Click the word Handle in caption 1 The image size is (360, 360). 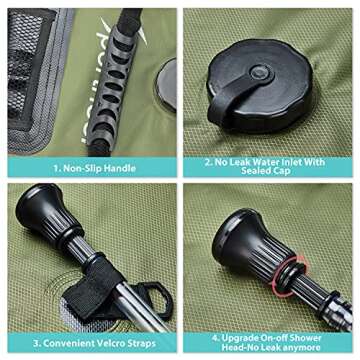(120, 168)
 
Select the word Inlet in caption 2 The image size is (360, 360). (292, 162)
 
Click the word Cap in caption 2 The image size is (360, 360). (283, 171)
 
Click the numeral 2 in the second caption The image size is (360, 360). (207, 162)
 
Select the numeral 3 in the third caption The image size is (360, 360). (36, 343)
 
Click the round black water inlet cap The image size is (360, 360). (259, 86)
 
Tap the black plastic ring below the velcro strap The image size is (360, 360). (155, 298)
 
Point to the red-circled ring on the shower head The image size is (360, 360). (290, 275)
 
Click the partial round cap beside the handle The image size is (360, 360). (166, 85)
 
